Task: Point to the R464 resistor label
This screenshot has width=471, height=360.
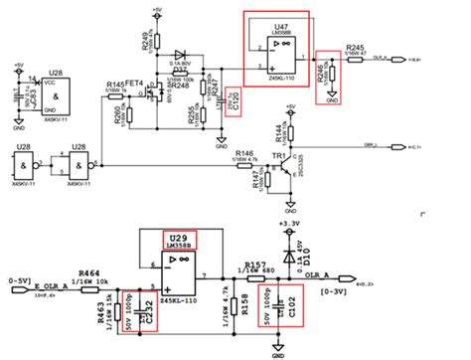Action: (88, 270)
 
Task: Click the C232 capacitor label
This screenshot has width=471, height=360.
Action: (151, 311)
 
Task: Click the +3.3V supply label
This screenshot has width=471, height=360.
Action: (288, 225)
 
